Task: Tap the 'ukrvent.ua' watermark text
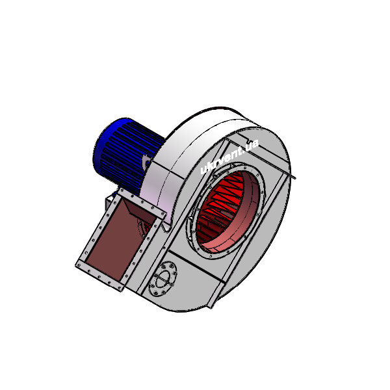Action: (229, 157)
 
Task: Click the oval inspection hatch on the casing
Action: (163, 279)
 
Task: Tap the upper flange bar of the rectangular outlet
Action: (142, 202)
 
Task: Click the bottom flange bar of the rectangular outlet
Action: (100, 276)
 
